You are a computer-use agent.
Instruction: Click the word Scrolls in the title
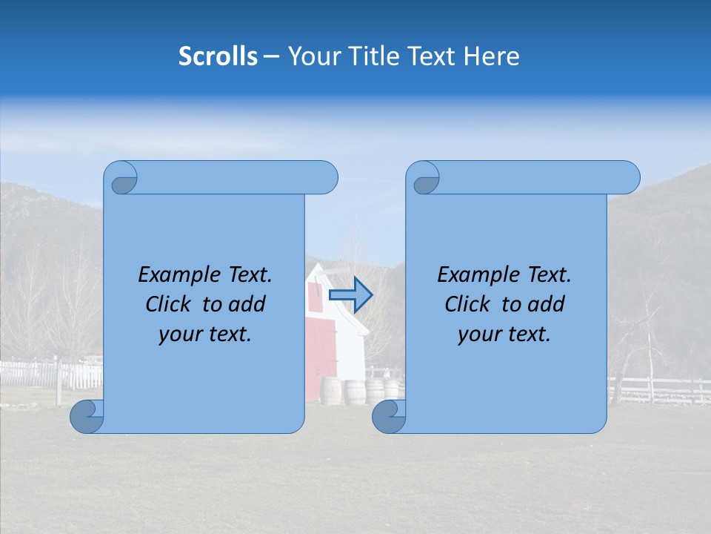[x=218, y=56]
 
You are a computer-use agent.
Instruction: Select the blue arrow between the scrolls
[x=350, y=294]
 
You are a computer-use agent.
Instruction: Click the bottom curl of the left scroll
[x=87, y=416]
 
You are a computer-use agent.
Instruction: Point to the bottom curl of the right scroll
[x=389, y=416]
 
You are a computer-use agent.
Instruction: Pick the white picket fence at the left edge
[x=44, y=375]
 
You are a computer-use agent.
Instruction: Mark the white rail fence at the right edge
[x=659, y=389]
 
